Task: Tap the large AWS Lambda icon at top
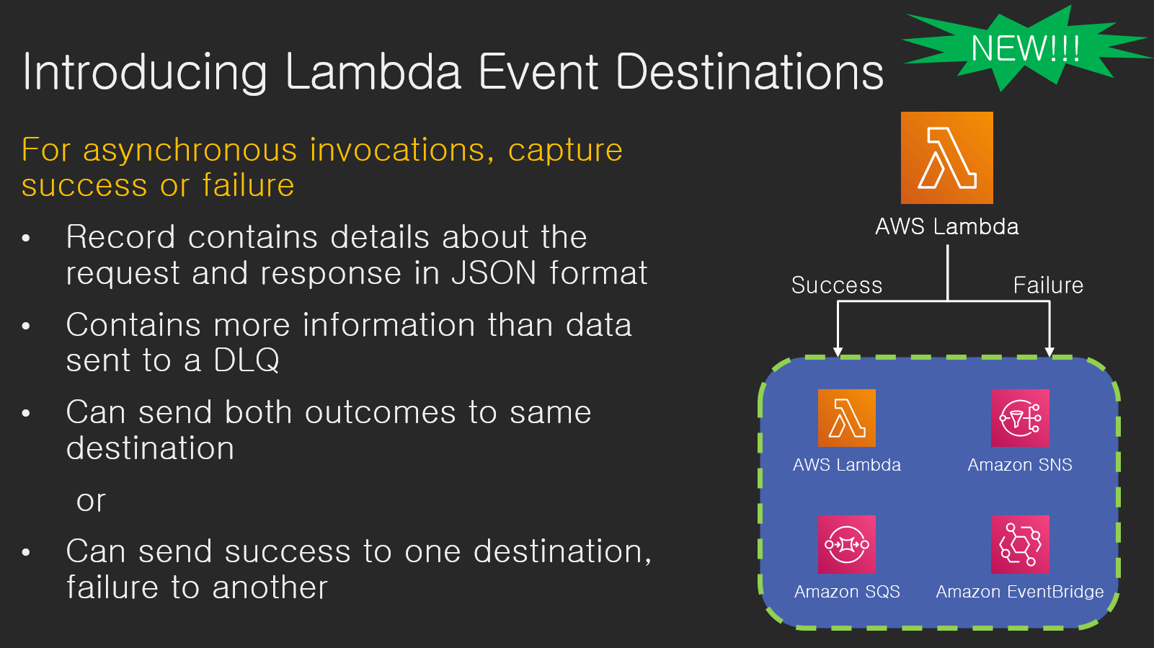(x=947, y=158)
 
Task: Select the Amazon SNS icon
(x=1020, y=418)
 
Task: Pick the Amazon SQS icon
(x=846, y=544)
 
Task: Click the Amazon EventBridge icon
(x=1020, y=544)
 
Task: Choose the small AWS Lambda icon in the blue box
(x=846, y=418)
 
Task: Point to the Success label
(x=837, y=285)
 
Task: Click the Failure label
(x=1048, y=285)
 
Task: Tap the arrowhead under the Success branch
(x=838, y=352)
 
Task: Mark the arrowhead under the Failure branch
(x=1049, y=352)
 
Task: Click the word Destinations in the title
(x=750, y=71)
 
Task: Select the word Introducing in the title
(x=145, y=73)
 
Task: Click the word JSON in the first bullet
(x=494, y=272)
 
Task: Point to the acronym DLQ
(x=247, y=360)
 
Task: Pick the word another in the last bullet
(x=270, y=587)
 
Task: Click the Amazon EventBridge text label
(x=1019, y=591)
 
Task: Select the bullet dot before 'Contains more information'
(x=26, y=326)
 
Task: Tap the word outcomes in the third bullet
(x=380, y=412)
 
